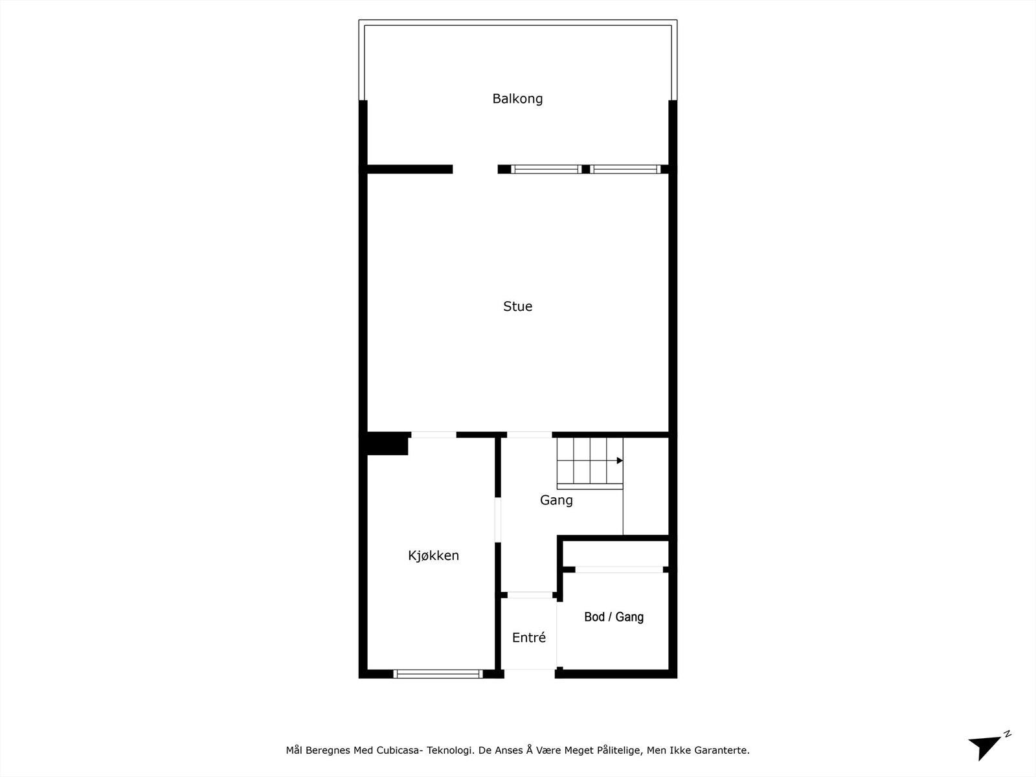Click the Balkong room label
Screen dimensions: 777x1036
pyautogui.click(x=517, y=98)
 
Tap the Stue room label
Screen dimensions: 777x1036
pyautogui.click(x=517, y=306)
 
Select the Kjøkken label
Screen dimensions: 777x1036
pyautogui.click(x=433, y=556)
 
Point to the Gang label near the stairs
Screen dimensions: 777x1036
pyautogui.click(x=556, y=500)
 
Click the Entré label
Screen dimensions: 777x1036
pyautogui.click(x=528, y=638)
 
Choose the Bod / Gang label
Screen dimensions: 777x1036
pyautogui.click(x=613, y=617)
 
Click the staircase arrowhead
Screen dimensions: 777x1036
pyautogui.click(x=620, y=460)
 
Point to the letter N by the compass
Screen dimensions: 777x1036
pyautogui.click(x=1008, y=734)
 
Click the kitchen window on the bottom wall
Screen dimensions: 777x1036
pyautogui.click(x=438, y=674)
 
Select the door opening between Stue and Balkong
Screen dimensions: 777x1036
pyautogui.click(x=475, y=170)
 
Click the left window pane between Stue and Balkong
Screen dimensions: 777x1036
pyautogui.click(x=545, y=170)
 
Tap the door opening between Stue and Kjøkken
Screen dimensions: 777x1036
pyautogui.click(x=433, y=434)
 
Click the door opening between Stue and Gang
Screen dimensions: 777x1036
pyautogui.click(x=529, y=434)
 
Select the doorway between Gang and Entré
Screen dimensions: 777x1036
pyautogui.click(x=529, y=594)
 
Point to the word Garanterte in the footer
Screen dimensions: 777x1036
pyautogui.click(x=721, y=750)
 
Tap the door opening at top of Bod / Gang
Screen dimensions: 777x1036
pyautogui.click(x=618, y=569)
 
